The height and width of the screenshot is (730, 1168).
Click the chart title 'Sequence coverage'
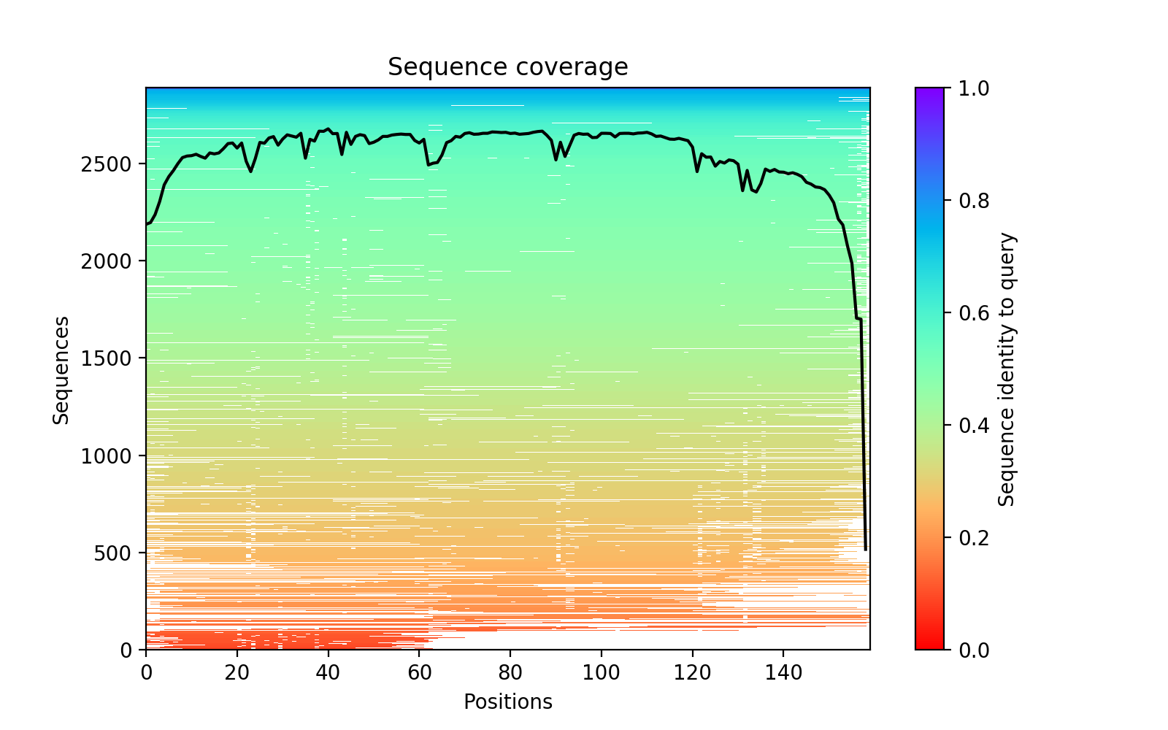[507, 67]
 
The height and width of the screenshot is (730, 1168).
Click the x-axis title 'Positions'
[507, 702]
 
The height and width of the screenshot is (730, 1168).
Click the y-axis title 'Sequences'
[61, 369]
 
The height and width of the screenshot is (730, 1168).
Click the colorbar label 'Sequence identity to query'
[1007, 369]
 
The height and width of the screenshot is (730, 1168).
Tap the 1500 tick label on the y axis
[117, 358]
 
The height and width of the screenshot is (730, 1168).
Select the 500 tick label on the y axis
[122, 553]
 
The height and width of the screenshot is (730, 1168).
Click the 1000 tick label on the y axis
[117, 456]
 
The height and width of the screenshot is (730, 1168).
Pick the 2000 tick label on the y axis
[117, 261]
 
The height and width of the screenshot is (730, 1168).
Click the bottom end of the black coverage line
[866, 550]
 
